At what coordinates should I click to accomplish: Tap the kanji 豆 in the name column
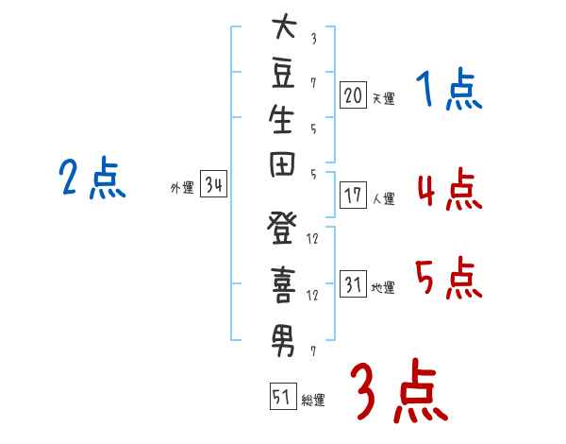(283, 76)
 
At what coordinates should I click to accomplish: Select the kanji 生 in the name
(283, 124)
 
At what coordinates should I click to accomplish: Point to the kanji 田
(283, 169)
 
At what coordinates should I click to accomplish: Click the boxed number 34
(213, 185)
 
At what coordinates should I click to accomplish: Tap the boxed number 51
(281, 397)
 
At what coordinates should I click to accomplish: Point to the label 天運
(383, 97)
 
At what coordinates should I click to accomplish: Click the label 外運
(182, 188)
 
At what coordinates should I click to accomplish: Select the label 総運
(313, 401)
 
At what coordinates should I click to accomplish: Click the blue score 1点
(448, 91)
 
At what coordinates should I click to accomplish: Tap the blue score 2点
(92, 177)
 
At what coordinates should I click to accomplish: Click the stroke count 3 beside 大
(313, 39)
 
